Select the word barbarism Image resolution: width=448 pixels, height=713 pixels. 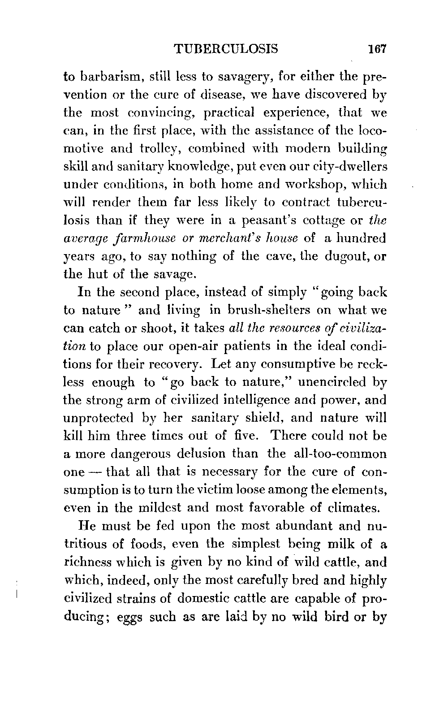click(x=110, y=77)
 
